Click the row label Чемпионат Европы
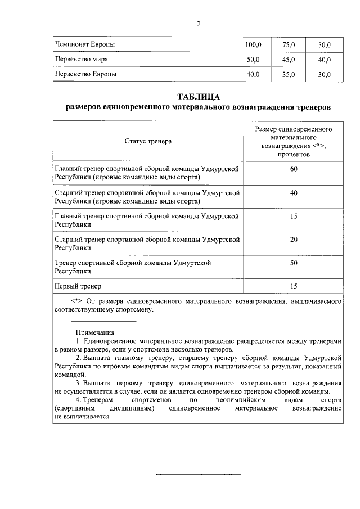click(x=87, y=44)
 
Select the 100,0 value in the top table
click(x=254, y=44)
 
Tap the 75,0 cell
click(x=289, y=44)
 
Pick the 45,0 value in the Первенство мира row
click(x=289, y=60)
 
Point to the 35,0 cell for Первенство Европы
click(x=289, y=74)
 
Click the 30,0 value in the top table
click(x=325, y=74)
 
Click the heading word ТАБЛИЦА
click(x=198, y=96)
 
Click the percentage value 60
click(x=294, y=169)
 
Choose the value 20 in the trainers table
click(x=294, y=239)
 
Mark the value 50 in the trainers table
click(x=294, y=263)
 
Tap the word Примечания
click(x=95, y=332)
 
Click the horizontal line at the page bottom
click(x=198, y=474)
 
